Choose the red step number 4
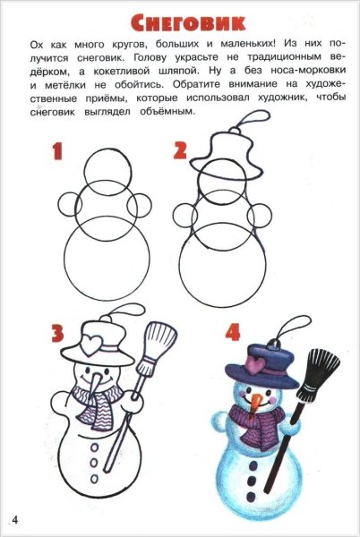click(233, 334)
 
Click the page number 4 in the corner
click(15, 520)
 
